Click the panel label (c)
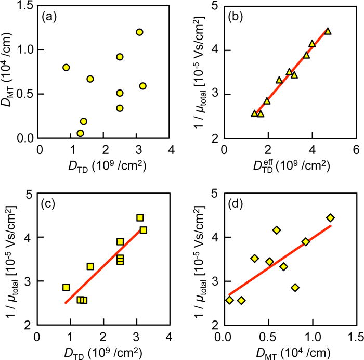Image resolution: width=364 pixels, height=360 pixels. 51,203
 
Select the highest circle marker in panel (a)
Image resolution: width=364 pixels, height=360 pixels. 139,32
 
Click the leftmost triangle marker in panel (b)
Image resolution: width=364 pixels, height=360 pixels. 254,113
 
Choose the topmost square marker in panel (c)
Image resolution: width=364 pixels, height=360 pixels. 140,218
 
